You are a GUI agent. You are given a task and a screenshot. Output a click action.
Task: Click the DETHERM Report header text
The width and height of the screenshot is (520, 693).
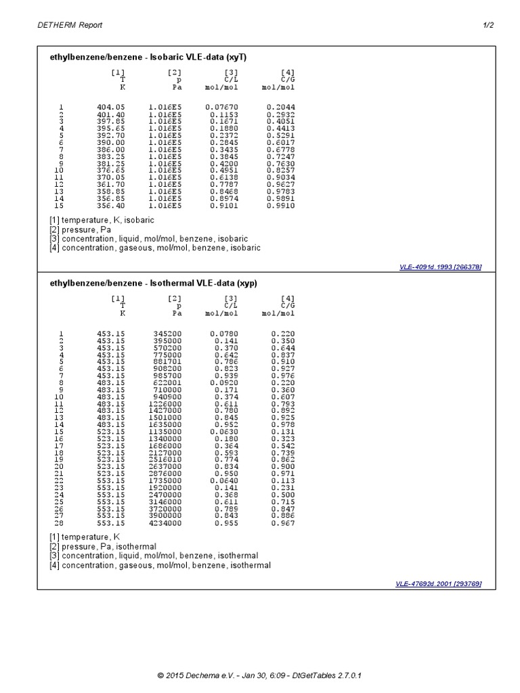(70, 25)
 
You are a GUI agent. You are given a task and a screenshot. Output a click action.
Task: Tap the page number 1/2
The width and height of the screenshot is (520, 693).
(488, 25)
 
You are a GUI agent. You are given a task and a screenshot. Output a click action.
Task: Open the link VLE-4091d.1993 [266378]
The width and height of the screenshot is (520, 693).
(441, 267)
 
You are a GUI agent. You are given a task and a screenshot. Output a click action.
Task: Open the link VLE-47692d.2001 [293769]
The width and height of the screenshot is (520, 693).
(439, 583)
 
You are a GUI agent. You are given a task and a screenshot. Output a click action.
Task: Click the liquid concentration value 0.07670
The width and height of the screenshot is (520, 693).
(222, 107)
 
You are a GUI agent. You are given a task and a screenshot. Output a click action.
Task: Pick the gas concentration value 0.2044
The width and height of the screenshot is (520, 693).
(280, 107)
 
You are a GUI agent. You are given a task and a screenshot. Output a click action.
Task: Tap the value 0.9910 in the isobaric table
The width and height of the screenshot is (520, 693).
(280, 205)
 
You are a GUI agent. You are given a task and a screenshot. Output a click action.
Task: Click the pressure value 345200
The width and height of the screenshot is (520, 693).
(167, 333)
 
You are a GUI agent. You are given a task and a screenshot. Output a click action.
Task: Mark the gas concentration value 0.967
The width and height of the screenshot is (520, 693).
(283, 523)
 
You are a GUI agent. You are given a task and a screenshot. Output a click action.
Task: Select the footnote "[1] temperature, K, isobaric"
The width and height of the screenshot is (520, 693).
(102, 220)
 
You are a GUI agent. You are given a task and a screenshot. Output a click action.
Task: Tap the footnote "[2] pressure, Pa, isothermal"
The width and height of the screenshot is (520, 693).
(103, 546)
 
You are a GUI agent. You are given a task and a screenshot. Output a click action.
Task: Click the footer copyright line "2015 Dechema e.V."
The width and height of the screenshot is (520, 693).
(263, 675)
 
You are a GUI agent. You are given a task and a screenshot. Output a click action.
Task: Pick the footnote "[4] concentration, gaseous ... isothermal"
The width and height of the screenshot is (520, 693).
(160, 565)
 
